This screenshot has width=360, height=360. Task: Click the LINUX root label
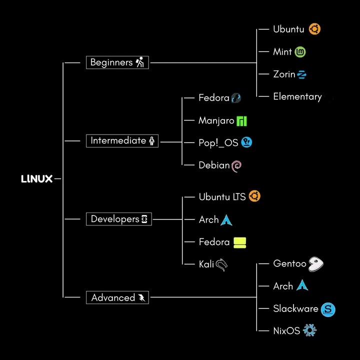click(x=37, y=178)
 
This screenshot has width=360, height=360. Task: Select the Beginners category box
click(x=117, y=62)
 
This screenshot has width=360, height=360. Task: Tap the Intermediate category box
click(x=123, y=141)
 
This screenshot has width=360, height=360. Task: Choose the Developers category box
click(x=119, y=219)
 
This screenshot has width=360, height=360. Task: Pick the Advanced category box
click(x=117, y=297)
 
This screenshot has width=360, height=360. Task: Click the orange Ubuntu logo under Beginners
click(x=314, y=29)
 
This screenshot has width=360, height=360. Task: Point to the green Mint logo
click(x=300, y=51)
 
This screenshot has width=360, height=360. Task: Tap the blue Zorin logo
click(x=301, y=74)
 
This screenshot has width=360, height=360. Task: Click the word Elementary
click(x=297, y=96)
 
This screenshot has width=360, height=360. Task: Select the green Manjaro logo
click(x=242, y=120)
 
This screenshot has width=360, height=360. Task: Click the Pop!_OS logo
click(x=246, y=142)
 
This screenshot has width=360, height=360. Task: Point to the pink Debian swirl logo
click(x=237, y=165)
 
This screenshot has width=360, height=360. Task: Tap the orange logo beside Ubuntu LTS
click(x=254, y=196)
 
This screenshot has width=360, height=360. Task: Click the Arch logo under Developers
click(x=227, y=219)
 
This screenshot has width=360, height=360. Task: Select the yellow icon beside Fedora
click(x=240, y=242)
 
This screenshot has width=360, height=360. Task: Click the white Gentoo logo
click(x=315, y=263)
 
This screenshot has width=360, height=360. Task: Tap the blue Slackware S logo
click(x=328, y=309)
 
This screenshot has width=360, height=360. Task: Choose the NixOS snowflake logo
click(x=310, y=330)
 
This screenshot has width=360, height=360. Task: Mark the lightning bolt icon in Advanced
click(x=142, y=298)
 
